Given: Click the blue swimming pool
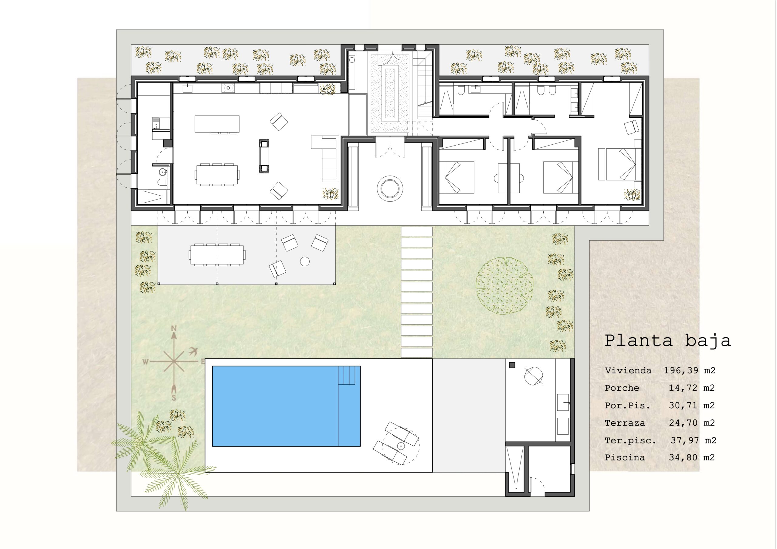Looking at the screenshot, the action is point(286,406).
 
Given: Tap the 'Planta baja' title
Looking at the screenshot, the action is point(667,341).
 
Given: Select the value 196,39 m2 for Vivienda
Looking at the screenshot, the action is point(689,370).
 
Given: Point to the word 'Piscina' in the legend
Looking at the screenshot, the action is point(624,458).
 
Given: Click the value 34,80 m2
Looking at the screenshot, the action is point(692,458).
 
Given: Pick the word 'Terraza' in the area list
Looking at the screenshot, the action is point(625,423).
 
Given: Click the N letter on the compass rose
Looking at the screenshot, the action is point(174,328).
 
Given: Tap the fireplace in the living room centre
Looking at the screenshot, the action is point(264,156).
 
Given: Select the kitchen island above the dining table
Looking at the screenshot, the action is point(217,124).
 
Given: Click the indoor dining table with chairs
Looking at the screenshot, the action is point(217,174).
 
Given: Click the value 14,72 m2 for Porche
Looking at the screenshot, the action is point(692,388).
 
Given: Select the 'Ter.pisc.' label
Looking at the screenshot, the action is point(630,441).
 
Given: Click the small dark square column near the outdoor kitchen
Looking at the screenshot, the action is point(512,365).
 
